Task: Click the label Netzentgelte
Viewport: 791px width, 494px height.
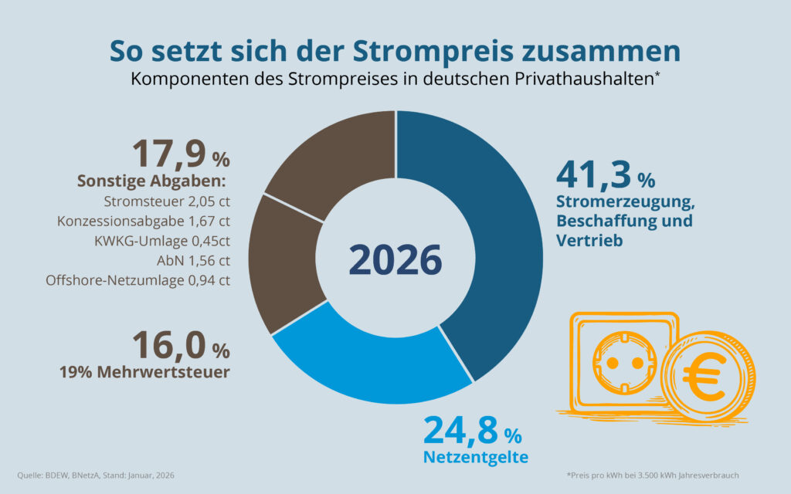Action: pyautogui.click(x=475, y=457)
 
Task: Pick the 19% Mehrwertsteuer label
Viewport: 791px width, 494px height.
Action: pyautogui.click(x=144, y=372)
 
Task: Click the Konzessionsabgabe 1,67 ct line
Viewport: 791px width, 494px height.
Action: pyautogui.click(x=144, y=222)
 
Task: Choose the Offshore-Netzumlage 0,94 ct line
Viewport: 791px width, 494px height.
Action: pyautogui.click(x=138, y=280)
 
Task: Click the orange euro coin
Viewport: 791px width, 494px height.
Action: pyautogui.click(x=708, y=377)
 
